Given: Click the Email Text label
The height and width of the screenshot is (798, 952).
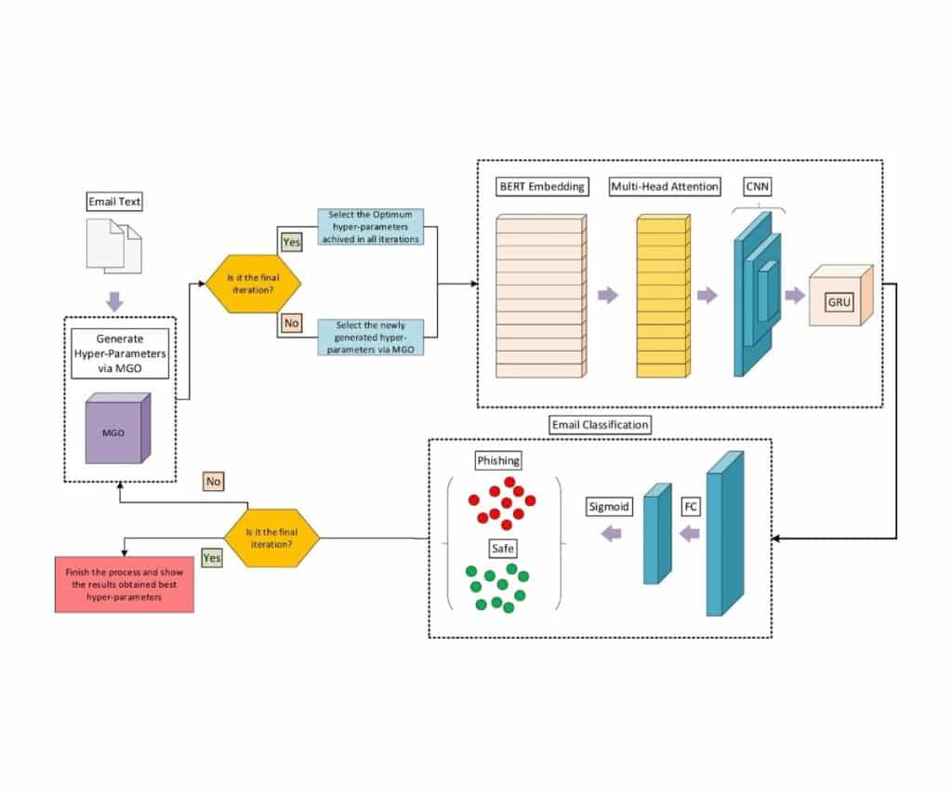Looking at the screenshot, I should pyautogui.click(x=114, y=201).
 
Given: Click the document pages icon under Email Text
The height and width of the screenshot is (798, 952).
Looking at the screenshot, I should pyautogui.click(x=114, y=246).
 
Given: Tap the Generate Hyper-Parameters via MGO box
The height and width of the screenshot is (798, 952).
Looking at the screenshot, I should pyautogui.click(x=119, y=352).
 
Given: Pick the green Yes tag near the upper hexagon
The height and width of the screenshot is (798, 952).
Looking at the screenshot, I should pyautogui.click(x=292, y=241).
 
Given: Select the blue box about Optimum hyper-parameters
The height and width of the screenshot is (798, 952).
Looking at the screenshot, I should pyautogui.click(x=370, y=226).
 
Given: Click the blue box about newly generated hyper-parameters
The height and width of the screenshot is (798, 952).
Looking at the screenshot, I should pyautogui.click(x=370, y=336).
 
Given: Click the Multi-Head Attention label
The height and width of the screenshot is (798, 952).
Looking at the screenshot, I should pyautogui.click(x=665, y=186).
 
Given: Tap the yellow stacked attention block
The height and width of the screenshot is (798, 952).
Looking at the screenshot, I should pyautogui.click(x=664, y=296).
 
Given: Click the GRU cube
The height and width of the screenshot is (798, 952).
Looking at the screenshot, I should pyautogui.click(x=841, y=297).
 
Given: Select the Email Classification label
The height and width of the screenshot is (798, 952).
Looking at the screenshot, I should pyautogui.click(x=601, y=425).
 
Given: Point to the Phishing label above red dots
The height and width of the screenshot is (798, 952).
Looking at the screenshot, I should pyautogui.click(x=498, y=460).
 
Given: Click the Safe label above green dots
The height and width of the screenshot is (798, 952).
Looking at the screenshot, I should pyautogui.click(x=502, y=548).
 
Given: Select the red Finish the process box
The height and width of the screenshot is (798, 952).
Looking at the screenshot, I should pyautogui.click(x=125, y=585).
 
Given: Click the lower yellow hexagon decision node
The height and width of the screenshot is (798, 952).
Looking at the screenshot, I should pyautogui.click(x=272, y=538).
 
